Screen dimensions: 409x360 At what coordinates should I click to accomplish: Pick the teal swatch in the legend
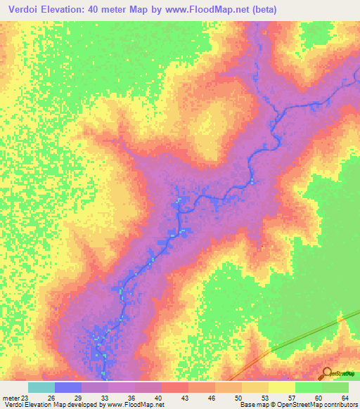tap(41, 387)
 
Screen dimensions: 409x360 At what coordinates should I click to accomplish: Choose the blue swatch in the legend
tap(67, 387)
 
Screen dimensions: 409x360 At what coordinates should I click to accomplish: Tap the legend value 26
tap(52, 398)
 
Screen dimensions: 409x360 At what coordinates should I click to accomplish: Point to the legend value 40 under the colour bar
tap(158, 398)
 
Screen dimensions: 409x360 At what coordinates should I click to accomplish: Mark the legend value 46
tap(212, 398)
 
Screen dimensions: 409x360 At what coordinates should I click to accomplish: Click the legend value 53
tap(264, 398)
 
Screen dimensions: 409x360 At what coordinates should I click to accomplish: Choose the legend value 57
tap(291, 398)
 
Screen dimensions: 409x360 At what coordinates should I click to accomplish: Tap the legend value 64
tap(345, 398)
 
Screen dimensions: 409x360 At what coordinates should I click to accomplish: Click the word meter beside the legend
tap(11, 398)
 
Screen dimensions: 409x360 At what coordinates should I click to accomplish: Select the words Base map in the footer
tap(254, 405)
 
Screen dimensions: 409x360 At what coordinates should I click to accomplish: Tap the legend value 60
tap(318, 398)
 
